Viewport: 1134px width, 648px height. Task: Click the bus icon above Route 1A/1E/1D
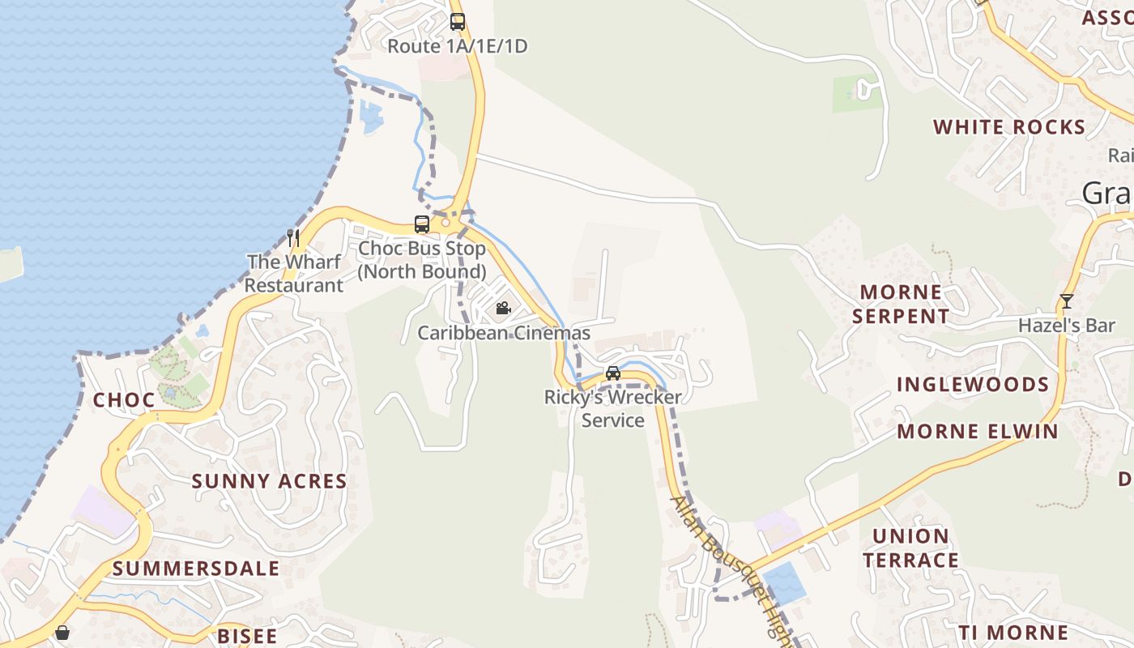[458, 22]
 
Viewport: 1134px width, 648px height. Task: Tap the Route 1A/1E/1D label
[457, 46]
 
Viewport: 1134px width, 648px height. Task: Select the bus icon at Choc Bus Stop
[422, 224]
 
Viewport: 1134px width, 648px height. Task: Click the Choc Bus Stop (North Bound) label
[422, 260]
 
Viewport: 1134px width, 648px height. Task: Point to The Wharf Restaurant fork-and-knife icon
[293, 237]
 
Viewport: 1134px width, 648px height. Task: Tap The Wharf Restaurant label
[294, 274]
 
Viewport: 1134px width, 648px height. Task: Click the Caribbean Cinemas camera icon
[503, 308]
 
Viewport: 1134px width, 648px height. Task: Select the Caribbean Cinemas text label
[504, 333]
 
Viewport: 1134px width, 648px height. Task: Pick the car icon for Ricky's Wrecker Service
[613, 373]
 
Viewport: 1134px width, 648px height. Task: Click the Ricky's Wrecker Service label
[613, 409]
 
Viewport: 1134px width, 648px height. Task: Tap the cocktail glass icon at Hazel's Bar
[1066, 301]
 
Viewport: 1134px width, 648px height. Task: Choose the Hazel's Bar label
[1067, 326]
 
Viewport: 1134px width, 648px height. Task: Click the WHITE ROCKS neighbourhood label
[1009, 127]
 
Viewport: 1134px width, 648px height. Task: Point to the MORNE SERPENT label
[901, 304]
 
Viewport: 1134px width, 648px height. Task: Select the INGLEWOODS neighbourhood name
[973, 384]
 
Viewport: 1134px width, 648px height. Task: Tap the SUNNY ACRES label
[269, 481]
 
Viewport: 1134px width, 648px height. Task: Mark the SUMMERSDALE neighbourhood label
[196, 569]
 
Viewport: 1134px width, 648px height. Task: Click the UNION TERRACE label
[910, 548]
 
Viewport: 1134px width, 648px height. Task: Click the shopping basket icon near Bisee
[62, 632]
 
